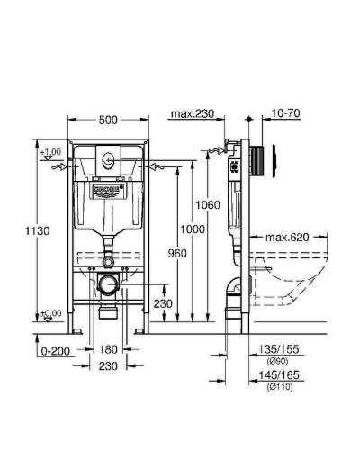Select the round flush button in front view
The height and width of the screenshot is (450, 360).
pos(108,163)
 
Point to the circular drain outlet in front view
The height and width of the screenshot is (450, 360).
pos(108,286)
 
